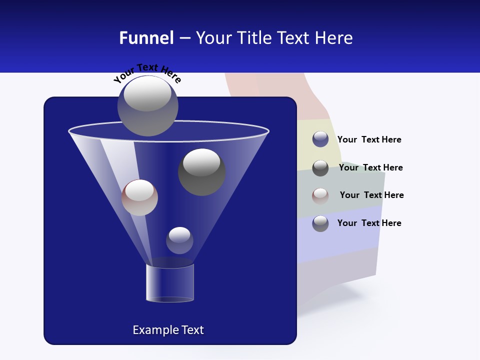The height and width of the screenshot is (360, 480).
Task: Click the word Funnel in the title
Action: coord(146,38)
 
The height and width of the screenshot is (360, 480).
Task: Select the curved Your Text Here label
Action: coord(147,73)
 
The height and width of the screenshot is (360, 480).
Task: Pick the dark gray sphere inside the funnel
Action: coord(201,172)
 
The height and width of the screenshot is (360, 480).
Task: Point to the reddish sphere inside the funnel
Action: coord(139,197)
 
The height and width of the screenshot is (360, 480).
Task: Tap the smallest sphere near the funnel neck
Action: coord(179,240)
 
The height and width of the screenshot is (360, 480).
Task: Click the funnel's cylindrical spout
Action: coord(170,283)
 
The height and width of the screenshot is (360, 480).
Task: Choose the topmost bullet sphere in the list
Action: coord(320,139)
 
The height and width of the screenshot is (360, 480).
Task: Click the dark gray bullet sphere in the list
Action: coord(320,168)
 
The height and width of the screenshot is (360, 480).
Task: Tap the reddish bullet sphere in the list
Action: coord(320,195)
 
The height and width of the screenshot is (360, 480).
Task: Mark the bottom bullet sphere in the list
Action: coord(320,223)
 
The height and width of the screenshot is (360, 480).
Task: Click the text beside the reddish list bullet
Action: coord(371,195)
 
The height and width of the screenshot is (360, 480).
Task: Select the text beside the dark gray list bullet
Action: coord(370,167)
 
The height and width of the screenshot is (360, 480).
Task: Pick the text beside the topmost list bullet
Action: coord(369,139)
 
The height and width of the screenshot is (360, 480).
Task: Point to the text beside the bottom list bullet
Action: coord(369,223)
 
